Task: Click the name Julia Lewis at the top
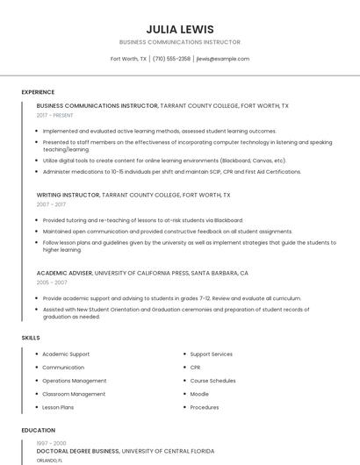pos(179,29)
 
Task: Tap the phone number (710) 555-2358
pos(171,59)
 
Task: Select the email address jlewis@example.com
pos(222,59)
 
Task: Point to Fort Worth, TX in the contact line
pos(128,59)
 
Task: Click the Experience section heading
pos(38,92)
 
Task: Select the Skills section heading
pos(30,338)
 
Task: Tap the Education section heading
pos(38,431)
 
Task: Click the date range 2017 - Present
pos(54,115)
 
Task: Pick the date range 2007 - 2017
pos(51,204)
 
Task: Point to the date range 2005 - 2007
pos(51,283)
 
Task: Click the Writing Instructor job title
pos(68,194)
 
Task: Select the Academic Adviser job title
pos(64,273)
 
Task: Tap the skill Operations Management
pos(75,381)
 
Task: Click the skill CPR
pos(195,368)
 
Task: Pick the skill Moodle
pos(199,394)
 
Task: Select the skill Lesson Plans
pos(58,407)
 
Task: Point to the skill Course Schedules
pos(212,381)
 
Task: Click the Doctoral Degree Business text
pos(77,451)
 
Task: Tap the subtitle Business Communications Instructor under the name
pos(179,42)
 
